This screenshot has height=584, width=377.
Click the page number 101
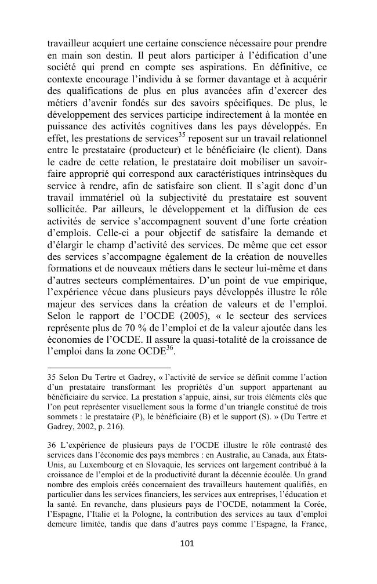click(x=187, y=543)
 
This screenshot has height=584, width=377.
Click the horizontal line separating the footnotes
click(x=109, y=367)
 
